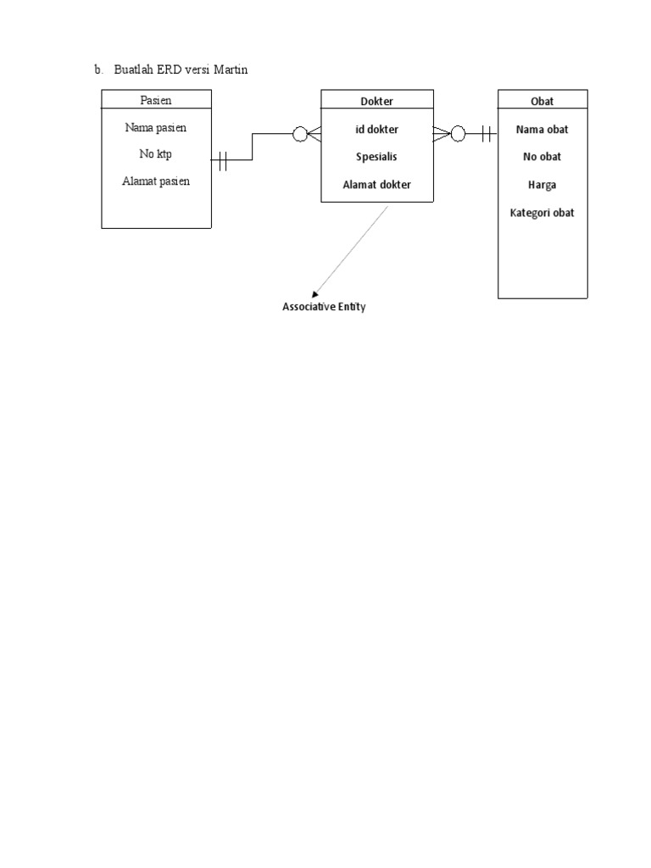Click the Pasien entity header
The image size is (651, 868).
pyautogui.click(x=155, y=100)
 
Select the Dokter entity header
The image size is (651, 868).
pyautogui.click(x=376, y=101)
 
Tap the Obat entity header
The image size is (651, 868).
pyautogui.click(x=542, y=101)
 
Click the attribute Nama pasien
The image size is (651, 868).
pyautogui.click(x=155, y=128)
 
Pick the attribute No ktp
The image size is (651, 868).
pyautogui.click(x=155, y=154)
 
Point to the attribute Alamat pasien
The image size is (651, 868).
pyautogui.click(x=155, y=181)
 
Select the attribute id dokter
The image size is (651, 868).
pyautogui.click(x=376, y=130)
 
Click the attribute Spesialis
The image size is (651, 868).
pyautogui.click(x=376, y=157)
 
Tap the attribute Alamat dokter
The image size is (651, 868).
pyautogui.click(x=376, y=184)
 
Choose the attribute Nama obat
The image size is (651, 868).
pyautogui.click(x=542, y=130)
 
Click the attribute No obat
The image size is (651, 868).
pyautogui.click(x=542, y=157)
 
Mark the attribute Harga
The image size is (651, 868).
pyautogui.click(x=542, y=184)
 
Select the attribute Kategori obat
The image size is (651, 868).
pyautogui.click(x=542, y=213)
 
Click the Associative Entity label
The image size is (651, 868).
pyautogui.click(x=324, y=307)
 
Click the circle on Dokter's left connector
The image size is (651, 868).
pyautogui.click(x=299, y=133)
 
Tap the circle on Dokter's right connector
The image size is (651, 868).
pyautogui.click(x=458, y=133)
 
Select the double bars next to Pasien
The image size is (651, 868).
pyautogui.click(x=222, y=160)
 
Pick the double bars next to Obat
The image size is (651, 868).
pyautogui.click(x=487, y=133)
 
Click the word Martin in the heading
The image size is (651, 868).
pyautogui.click(x=230, y=70)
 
